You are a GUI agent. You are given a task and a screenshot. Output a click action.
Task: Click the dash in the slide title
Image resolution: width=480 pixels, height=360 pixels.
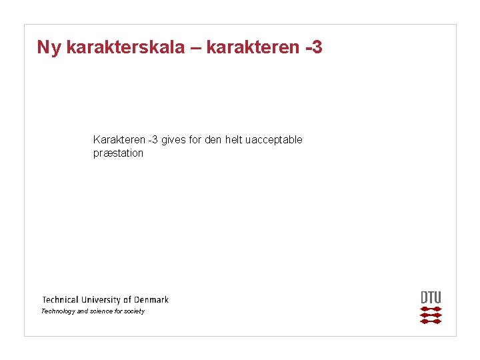tap(199, 48)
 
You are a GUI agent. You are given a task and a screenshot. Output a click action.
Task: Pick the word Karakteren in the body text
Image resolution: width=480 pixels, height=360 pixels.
tap(119, 140)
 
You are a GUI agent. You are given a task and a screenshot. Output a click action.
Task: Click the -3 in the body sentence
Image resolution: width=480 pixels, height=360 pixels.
tap(153, 140)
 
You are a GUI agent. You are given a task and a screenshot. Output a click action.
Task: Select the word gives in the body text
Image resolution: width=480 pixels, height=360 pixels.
tap(175, 140)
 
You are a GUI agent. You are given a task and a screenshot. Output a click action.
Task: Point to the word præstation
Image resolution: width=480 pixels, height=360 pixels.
tap(118, 153)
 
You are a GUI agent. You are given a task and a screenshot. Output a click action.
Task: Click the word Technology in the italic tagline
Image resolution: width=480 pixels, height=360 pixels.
tap(58, 311)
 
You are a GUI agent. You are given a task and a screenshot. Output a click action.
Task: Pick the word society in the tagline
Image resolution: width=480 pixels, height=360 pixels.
tap(134, 311)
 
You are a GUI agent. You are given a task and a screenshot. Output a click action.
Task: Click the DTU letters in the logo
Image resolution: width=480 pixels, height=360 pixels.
tap(431, 297)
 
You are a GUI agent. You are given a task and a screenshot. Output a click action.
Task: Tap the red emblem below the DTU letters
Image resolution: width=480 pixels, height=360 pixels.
tap(431, 315)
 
